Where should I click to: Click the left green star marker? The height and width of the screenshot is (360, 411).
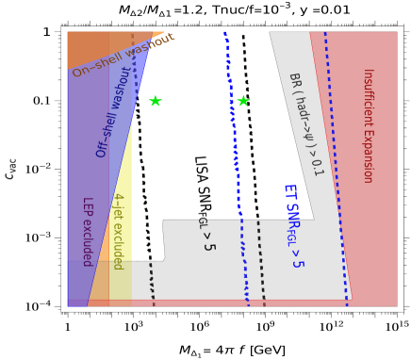156,101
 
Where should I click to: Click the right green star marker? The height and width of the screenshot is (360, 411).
243,101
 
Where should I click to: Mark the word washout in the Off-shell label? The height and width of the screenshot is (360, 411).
123,88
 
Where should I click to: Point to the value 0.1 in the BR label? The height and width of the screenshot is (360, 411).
317,167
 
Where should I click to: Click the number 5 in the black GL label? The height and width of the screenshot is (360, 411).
208,246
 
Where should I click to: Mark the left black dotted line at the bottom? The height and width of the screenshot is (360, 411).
151,282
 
